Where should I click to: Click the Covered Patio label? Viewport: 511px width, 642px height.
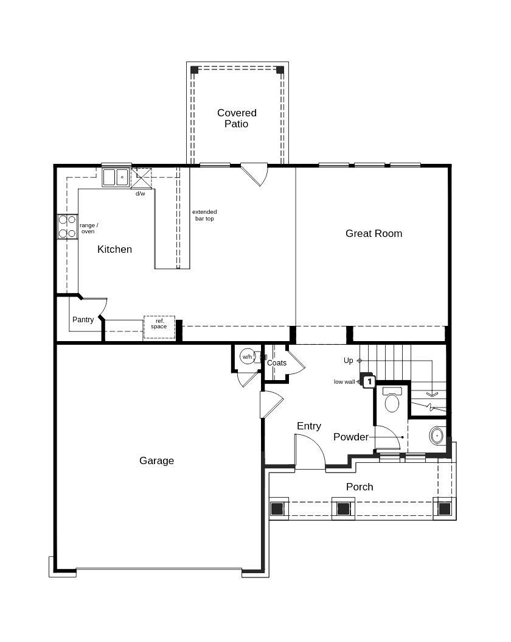click(x=237, y=118)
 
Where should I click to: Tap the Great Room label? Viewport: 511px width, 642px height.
click(x=374, y=233)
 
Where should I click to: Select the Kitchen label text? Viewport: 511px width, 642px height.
click(x=114, y=249)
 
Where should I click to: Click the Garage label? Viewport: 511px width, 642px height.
click(x=156, y=460)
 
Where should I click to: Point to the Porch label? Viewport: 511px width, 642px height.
click(x=360, y=487)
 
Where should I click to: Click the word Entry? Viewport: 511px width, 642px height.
click(x=308, y=426)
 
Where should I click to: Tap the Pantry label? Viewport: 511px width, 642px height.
click(x=83, y=320)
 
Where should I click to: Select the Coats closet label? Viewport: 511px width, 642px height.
click(x=277, y=363)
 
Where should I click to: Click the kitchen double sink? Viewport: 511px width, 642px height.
click(x=116, y=177)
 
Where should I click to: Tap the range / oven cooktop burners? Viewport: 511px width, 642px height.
click(x=67, y=226)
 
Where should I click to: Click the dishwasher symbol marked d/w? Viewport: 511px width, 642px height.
click(x=141, y=178)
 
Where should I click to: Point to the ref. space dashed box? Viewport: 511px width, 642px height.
click(x=159, y=327)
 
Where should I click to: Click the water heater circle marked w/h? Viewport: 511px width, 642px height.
click(x=247, y=356)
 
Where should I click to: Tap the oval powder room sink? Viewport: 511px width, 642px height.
click(x=437, y=436)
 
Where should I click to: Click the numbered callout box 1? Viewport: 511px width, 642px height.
click(x=369, y=381)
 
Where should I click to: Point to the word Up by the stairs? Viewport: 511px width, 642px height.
click(x=348, y=361)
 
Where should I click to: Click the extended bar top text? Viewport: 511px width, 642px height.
click(x=204, y=215)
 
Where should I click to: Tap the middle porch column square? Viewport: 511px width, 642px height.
click(x=343, y=508)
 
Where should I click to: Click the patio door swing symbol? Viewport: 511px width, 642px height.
click(x=256, y=172)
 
